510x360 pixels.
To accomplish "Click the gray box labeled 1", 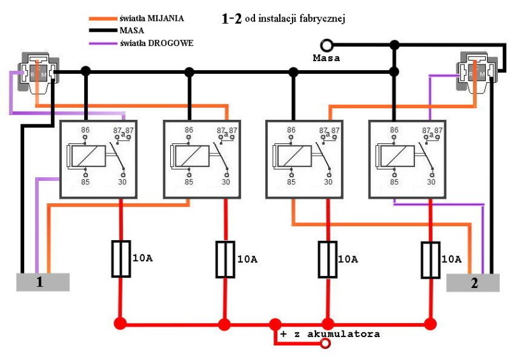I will click(x=42, y=282).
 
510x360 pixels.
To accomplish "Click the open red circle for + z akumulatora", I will click(x=325, y=344).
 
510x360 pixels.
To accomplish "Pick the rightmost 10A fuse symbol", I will click(x=431, y=259).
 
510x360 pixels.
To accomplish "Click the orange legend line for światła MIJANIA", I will click(x=102, y=18).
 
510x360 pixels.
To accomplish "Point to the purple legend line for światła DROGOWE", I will click(x=102, y=43).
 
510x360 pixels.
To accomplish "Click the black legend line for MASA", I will click(x=102, y=31).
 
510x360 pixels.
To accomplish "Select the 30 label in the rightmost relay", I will click(x=432, y=182).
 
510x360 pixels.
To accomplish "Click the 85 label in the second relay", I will click(x=189, y=182).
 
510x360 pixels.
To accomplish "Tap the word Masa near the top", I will click(x=326, y=58).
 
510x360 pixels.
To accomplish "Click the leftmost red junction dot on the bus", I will click(x=120, y=324).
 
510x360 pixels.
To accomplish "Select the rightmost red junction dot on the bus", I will click(x=431, y=324).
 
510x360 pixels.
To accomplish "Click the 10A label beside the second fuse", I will click(x=247, y=259).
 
